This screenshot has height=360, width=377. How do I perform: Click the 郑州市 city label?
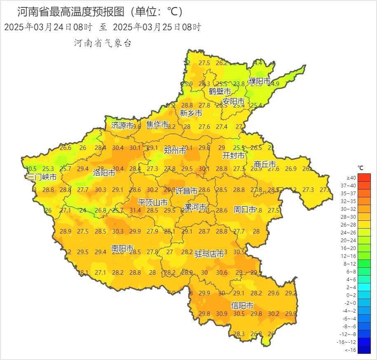tap(175, 151)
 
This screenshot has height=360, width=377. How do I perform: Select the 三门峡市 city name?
tap(42, 177)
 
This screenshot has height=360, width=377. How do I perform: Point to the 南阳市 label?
tap(122, 248)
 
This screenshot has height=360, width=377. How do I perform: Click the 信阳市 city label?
tap(242, 306)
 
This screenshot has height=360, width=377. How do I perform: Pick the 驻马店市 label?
tap(209, 255)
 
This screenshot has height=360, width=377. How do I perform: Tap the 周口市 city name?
tap(245, 210)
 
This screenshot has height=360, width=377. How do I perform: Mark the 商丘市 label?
tap(265, 164)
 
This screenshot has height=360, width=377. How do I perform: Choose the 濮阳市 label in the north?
tap(260, 82)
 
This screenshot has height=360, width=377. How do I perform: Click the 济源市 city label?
tap(122, 126)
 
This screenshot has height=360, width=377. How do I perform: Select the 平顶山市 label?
tap(152, 203)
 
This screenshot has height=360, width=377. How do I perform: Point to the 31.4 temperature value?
tap(135, 210)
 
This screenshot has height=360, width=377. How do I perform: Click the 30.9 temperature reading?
tap(222, 314)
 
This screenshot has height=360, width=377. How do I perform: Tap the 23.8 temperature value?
tap(239, 84)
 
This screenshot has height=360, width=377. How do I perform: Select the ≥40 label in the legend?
tap(351, 178)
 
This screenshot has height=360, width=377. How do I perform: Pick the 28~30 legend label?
tap(351, 217)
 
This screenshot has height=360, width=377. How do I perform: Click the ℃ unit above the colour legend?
tap(360, 168)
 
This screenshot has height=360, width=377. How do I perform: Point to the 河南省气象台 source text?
tap(103, 43)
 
